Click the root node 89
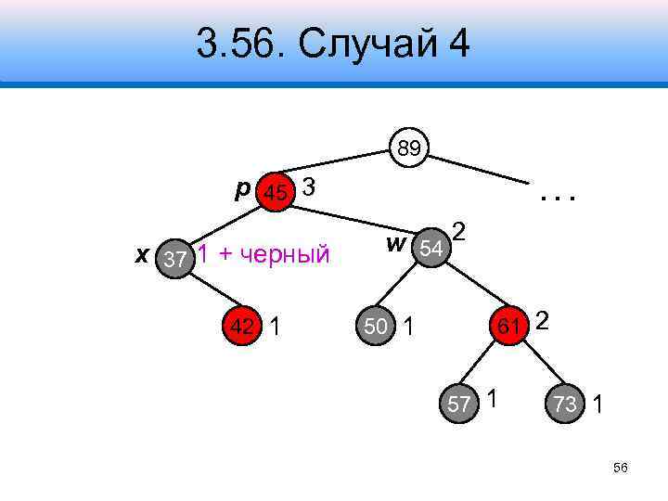pos(408,148)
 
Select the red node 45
pos(276,193)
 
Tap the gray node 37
pos(174,259)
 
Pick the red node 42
pos(243,326)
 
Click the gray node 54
pos(430,249)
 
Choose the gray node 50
pos(376,326)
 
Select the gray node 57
pos(459,404)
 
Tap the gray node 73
pos(566,404)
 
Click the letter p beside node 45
pos(242,189)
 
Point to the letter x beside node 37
pos(142,254)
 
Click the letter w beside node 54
pos(396,244)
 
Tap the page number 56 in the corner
pos(621,468)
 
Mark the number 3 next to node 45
pos(310,187)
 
